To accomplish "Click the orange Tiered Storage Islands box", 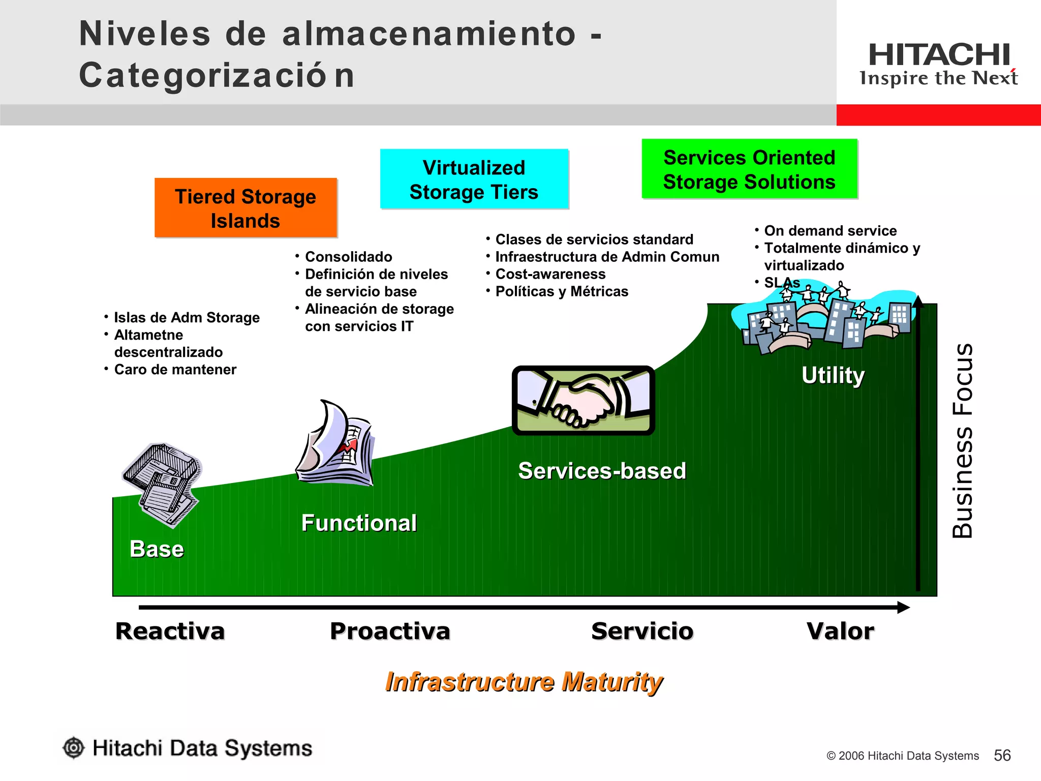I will point(246,207).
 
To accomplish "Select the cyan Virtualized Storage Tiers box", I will point(474,179).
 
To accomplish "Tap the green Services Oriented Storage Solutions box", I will point(749,169).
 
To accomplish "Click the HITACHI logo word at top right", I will point(939,55).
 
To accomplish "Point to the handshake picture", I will point(583,400).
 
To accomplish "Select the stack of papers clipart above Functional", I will point(335,445).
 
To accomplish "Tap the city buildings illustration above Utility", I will point(823,320).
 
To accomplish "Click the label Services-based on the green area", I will point(602,471).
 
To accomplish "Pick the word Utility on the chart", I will point(833,375).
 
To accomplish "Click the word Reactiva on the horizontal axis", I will point(170,631).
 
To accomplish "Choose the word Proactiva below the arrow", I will point(390,631).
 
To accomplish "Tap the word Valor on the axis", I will point(840,631).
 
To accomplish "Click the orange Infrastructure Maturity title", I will point(524,681).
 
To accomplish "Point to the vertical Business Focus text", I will point(962,440).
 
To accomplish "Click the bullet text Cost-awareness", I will point(550,274).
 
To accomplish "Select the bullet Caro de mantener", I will point(175,370).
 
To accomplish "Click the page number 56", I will point(1002,755).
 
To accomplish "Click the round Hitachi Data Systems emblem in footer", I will point(74,748).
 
